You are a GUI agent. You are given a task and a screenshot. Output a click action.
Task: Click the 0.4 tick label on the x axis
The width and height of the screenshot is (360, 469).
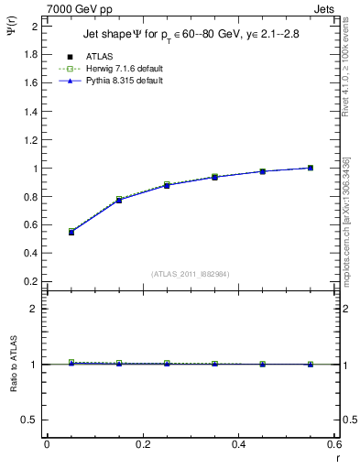pos(238,444)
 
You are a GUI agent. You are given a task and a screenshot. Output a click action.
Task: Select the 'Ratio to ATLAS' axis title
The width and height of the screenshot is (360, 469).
pos(12,365)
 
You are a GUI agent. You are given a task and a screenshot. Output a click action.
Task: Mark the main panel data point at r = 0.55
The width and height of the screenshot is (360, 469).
pos(311,168)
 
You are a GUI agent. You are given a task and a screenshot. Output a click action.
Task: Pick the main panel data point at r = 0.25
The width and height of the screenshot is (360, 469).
pos(167,185)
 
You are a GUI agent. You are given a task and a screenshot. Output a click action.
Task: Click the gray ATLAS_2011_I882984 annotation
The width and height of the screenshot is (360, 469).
pos(190,274)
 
